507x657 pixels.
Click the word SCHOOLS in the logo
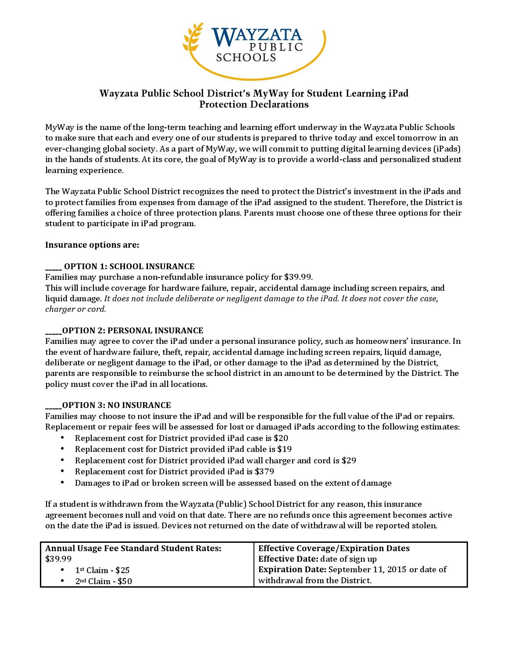coord(246,57)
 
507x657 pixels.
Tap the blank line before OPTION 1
coord(54,267)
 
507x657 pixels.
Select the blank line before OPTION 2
coord(53,331)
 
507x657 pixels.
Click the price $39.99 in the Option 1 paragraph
coord(298,277)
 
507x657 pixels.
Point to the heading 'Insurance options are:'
coord(92,245)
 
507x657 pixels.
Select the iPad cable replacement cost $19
coord(284,449)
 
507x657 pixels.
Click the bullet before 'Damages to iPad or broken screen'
coord(63,483)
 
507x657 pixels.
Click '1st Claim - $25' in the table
coord(102,570)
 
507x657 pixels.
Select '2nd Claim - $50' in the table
coord(104,581)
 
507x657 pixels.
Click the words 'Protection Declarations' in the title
coord(253,105)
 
